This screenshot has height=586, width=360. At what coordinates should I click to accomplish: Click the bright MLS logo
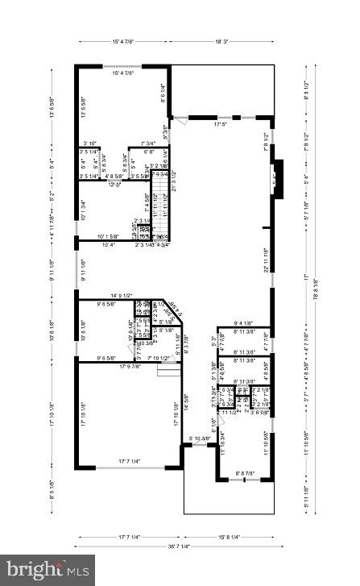[48, 569]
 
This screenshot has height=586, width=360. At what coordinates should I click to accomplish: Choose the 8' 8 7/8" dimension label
[244, 473]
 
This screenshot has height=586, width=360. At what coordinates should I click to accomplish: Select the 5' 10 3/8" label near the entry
[201, 438]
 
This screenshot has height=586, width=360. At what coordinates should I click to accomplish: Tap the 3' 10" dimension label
[88, 143]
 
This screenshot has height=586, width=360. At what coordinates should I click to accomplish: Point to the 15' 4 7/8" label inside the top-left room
[122, 73]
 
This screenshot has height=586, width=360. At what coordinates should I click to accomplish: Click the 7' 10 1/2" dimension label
[153, 358]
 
